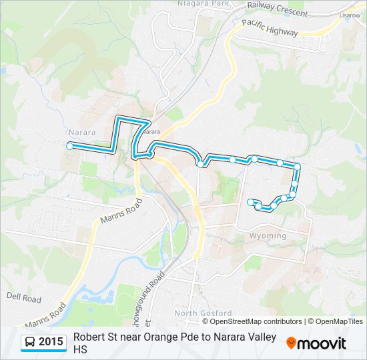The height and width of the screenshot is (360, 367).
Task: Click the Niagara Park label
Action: point(203,3)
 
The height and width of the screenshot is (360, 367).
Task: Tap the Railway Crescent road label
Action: point(277,8)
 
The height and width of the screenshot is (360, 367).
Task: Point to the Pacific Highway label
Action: point(270,28)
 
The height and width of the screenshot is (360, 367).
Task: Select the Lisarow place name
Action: point(349,15)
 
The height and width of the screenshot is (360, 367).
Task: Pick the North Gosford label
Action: point(203,313)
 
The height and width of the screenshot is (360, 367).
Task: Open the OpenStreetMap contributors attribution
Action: point(256,321)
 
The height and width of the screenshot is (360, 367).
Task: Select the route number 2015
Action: point(51,342)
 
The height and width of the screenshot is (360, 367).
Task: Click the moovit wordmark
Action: point(322,343)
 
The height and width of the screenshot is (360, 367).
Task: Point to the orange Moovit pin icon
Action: point(291,343)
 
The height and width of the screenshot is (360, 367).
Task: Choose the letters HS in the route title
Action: point(80,349)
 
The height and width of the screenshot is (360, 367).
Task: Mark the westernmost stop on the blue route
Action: point(69,145)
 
